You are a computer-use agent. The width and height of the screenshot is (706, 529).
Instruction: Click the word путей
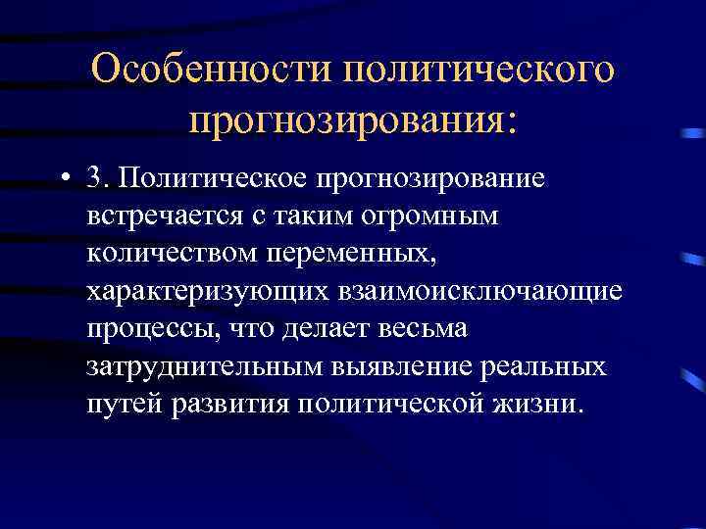(x=124, y=406)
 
